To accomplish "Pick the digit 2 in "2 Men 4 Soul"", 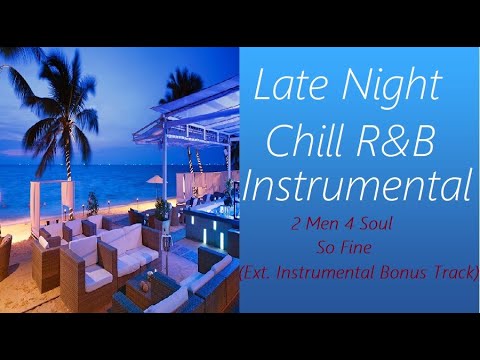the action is (296, 224).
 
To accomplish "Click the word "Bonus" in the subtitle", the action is (402, 272).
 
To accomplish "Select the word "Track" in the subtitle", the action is (451, 272).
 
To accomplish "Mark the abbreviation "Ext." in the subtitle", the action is (256, 273).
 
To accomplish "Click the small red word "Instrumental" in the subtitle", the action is (325, 272).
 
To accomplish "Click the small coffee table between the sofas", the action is (147, 287).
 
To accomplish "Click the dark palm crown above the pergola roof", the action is (182, 86).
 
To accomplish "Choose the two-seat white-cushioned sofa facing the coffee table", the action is (122, 247).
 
